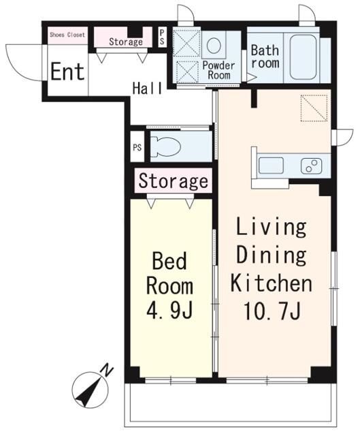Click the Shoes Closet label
pos(67,35)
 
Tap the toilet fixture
pos(165,146)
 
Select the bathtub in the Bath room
pos(303,57)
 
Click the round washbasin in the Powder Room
pos(214,46)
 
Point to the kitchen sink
pos(271,165)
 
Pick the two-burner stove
pos(311,166)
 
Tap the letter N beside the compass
pos(107,370)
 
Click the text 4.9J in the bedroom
pos(169,311)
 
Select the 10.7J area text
pos(272,311)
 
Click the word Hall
pos(147,88)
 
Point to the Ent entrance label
pos(67,72)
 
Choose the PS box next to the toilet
pos(137,147)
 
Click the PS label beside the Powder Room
pos(162,37)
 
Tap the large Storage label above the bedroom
pos(174,181)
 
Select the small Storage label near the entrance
pos(126,42)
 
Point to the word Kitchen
pos(272,283)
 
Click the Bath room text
pos(265,57)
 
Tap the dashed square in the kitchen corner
pos(314,108)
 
